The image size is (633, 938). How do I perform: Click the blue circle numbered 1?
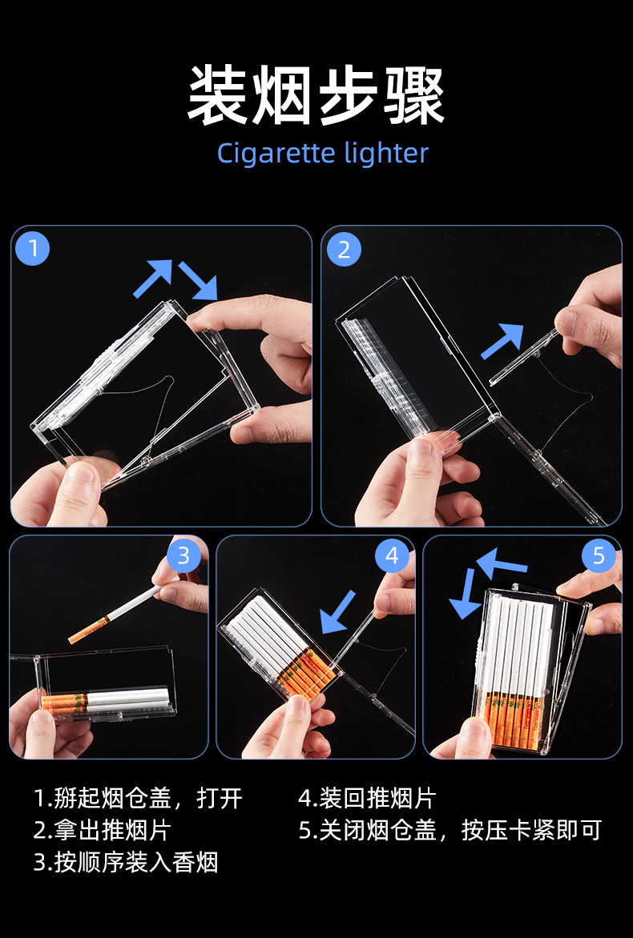pos(32,248)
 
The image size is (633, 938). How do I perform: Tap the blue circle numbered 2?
pos(343,249)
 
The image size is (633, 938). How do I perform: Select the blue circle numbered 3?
pos(183,556)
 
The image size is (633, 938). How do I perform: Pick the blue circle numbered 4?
pos(392,556)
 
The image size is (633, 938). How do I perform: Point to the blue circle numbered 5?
pos(599,556)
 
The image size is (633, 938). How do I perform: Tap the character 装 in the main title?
pos(218,96)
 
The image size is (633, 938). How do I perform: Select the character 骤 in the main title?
pos(414,96)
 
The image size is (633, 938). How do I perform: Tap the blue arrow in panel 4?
pos(338,612)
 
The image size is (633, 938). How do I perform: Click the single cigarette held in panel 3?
pos(115,614)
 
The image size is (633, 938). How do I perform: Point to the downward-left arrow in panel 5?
pos(464,593)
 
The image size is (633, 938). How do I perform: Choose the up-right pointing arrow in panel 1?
pos(153,279)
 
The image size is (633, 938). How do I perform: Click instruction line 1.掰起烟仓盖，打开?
pos(139,798)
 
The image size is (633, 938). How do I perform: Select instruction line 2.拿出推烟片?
pos(103,830)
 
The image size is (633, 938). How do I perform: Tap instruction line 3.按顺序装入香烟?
pos(127,862)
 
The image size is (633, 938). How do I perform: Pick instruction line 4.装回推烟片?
pos(368,798)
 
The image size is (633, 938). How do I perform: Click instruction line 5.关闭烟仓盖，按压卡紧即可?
pos(450,830)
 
